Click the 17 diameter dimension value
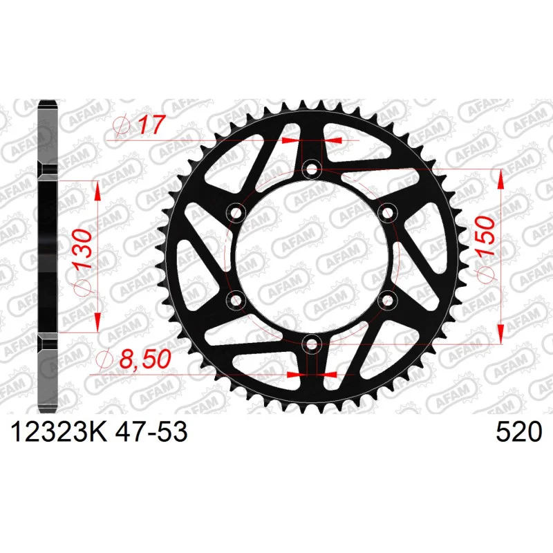(x=151, y=124)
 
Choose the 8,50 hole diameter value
(x=145, y=359)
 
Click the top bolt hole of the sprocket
(x=312, y=169)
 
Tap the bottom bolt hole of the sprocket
(x=312, y=344)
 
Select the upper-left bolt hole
(x=236, y=213)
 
